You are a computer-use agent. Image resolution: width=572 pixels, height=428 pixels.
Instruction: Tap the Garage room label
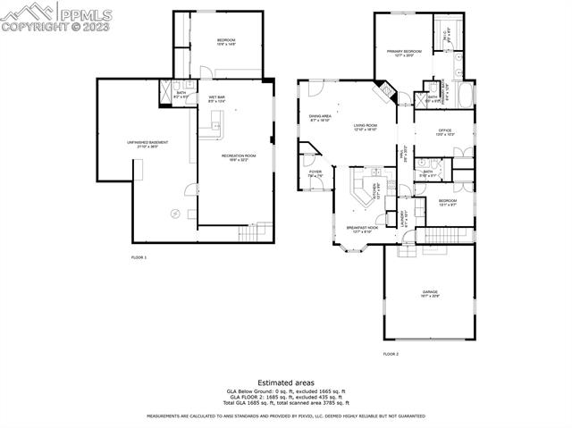[x=430, y=293]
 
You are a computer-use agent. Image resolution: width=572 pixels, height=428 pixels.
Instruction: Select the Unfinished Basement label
[x=147, y=144]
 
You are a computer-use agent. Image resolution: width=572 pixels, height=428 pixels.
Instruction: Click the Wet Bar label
[x=216, y=98]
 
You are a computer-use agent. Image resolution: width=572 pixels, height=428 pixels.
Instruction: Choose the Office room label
[x=444, y=132]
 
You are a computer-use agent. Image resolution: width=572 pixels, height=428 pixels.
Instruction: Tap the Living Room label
[x=365, y=127]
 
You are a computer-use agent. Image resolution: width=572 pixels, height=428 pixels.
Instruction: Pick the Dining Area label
[x=320, y=117]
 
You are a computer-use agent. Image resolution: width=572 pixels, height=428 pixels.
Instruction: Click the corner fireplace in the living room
[x=382, y=89]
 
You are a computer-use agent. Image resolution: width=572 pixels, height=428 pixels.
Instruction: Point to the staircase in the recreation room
[x=253, y=233]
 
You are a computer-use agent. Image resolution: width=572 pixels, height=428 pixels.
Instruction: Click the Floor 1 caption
[x=139, y=257]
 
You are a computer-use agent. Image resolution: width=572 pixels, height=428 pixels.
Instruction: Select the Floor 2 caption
[x=391, y=354]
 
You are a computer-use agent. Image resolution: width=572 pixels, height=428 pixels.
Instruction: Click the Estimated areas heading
[x=285, y=382]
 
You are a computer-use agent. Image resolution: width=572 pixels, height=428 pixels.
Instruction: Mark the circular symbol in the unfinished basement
[x=175, y=213]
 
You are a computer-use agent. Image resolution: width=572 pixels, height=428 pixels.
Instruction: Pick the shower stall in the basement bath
[x=164, y=89]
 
